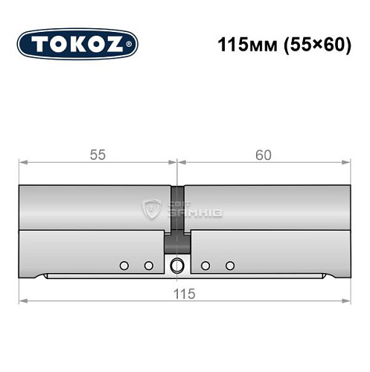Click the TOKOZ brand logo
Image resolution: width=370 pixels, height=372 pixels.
77,44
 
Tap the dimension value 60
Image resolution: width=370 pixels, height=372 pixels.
263,155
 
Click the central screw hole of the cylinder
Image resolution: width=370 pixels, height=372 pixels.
177,266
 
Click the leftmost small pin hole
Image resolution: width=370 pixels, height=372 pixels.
124,266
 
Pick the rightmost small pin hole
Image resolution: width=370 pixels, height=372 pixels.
230,266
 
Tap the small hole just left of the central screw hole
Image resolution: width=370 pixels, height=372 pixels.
149,266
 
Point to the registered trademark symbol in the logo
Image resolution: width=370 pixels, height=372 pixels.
131,45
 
